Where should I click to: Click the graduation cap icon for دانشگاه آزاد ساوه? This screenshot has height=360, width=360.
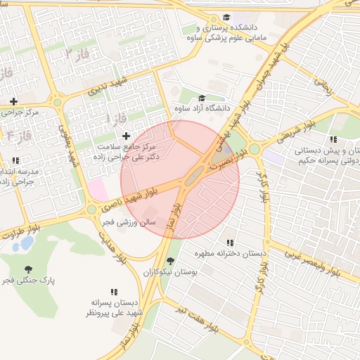point(202,98)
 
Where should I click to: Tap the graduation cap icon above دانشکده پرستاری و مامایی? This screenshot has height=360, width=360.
point(226,17)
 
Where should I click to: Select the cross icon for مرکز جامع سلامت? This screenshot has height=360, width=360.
point(126,136)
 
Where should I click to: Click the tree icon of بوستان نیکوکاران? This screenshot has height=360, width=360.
point(170,261)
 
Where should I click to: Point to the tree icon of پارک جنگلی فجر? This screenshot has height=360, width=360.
point(28,269)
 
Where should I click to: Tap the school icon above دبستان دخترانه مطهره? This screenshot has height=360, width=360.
point(230,243)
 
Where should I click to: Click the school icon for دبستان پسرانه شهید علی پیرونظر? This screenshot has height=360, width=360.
point(114,292)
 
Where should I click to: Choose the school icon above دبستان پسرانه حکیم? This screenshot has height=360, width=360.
point(333,139)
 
